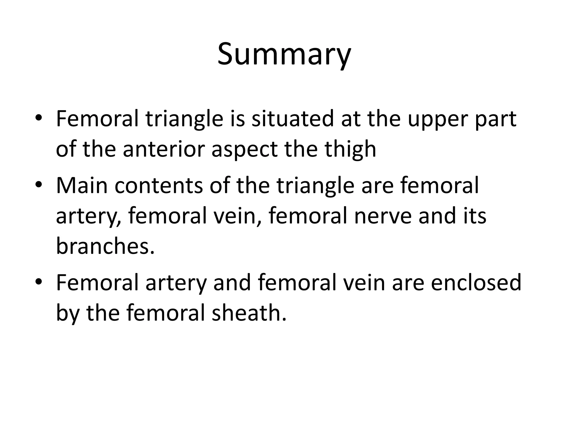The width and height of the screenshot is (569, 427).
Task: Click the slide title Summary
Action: (x=284, y=54)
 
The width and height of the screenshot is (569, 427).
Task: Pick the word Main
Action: (x=82, y=185)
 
